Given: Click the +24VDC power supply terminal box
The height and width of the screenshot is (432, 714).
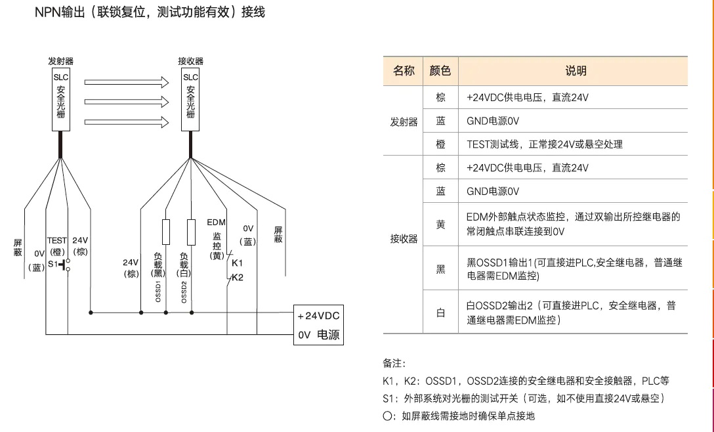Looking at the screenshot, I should [x=318, y=315].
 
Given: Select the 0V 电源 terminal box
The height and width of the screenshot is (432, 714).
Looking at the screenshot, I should [x=318, y=335].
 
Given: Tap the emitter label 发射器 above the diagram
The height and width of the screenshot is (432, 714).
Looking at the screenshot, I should [x=60, y=61].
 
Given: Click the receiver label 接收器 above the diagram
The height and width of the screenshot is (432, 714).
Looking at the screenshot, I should [x=191, y=61].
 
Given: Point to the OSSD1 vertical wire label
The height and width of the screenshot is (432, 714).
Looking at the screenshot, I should [x=158, y=291].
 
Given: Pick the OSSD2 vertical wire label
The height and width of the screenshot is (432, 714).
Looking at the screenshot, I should [x=184, y=291].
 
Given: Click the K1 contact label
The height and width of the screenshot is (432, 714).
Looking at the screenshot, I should [x=238, y=263].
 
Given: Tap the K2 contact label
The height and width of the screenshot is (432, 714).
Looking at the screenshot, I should [x=238, y=277].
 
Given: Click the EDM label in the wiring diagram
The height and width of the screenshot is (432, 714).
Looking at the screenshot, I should [x=217, y=223].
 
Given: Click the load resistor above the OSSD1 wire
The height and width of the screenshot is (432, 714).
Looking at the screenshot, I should [x=165, y=232].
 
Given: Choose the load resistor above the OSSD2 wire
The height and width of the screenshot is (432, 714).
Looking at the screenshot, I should [x=191, y=232].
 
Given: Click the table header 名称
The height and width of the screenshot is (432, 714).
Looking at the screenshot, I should [x=404, y=71].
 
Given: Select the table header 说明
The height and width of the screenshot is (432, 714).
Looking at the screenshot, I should [x=576, y=71].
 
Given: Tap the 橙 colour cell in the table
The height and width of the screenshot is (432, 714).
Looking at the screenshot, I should [x=440, y=144].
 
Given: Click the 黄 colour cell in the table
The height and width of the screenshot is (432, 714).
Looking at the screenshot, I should [x=440, y=225].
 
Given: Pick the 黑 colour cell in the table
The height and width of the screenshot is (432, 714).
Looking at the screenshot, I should [x=440, y=269].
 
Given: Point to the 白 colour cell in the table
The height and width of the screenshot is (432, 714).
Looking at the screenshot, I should [x=440, y=313].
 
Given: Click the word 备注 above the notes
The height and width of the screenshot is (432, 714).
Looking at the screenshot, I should [x=394, y=363].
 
